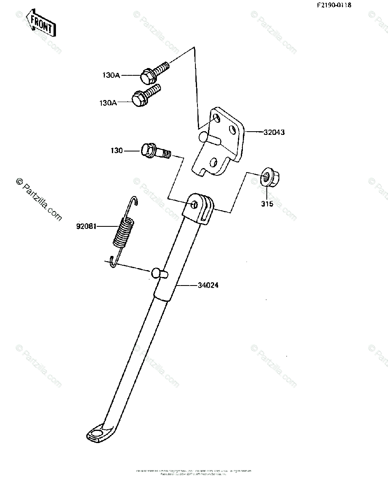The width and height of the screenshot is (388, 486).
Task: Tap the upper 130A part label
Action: point(111,75)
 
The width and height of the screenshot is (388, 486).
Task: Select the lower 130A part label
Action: point(108,103)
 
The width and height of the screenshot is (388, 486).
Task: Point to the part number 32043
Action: point(274,132)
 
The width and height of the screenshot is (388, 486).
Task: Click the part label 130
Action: point(117,151)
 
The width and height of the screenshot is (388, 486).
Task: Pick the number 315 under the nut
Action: point(267,204)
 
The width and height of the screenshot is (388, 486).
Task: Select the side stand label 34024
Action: point(208,285)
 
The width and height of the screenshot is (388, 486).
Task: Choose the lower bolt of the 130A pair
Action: point(146,96)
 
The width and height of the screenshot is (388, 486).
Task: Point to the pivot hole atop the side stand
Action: point(195,205)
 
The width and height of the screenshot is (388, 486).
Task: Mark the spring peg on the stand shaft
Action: point(160,273)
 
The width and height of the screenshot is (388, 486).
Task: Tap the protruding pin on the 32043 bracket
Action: point(209,139)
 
